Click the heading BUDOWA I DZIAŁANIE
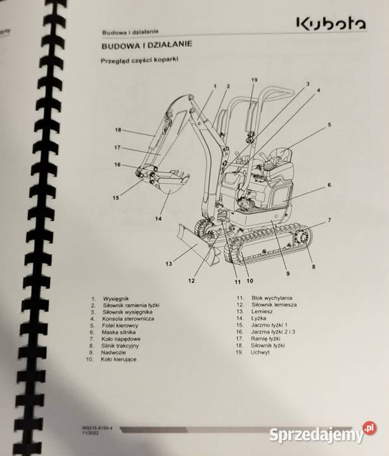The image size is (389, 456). (147, 46)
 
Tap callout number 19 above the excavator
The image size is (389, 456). (254, 80)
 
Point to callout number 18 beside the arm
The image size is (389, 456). (118, 130)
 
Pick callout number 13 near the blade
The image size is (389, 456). (169, 263)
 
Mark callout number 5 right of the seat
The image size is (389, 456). (329, 125)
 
